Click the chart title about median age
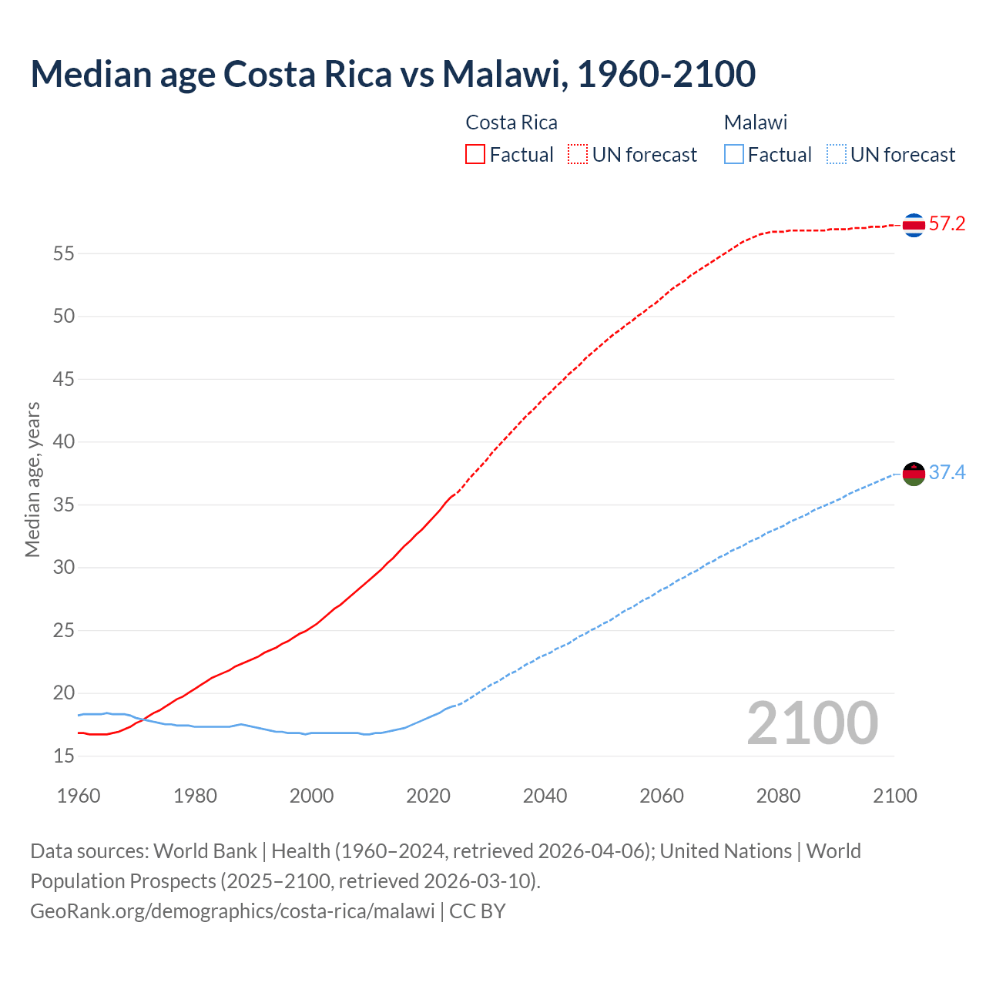[393, 74]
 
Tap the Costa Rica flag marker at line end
[914, 225]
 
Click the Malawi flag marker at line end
[914, 474]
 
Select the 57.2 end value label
[947, 224]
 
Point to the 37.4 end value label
[947, 472]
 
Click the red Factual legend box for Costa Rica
[475, 155]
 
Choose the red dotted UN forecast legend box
[578, 155]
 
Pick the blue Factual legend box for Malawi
[734, 155]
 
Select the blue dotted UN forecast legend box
[836, 155]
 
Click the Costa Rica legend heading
[511, 122]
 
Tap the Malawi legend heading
[756, 122]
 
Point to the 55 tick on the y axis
[64, 253]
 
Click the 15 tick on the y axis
[64, 756]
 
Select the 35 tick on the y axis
[64, 505]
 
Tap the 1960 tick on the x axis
[79, 796]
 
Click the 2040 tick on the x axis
[545, 796]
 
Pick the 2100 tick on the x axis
[895, 796]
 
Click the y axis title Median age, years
[32, 479]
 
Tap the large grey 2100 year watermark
[813, 723]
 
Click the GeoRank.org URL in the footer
[233, 911]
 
